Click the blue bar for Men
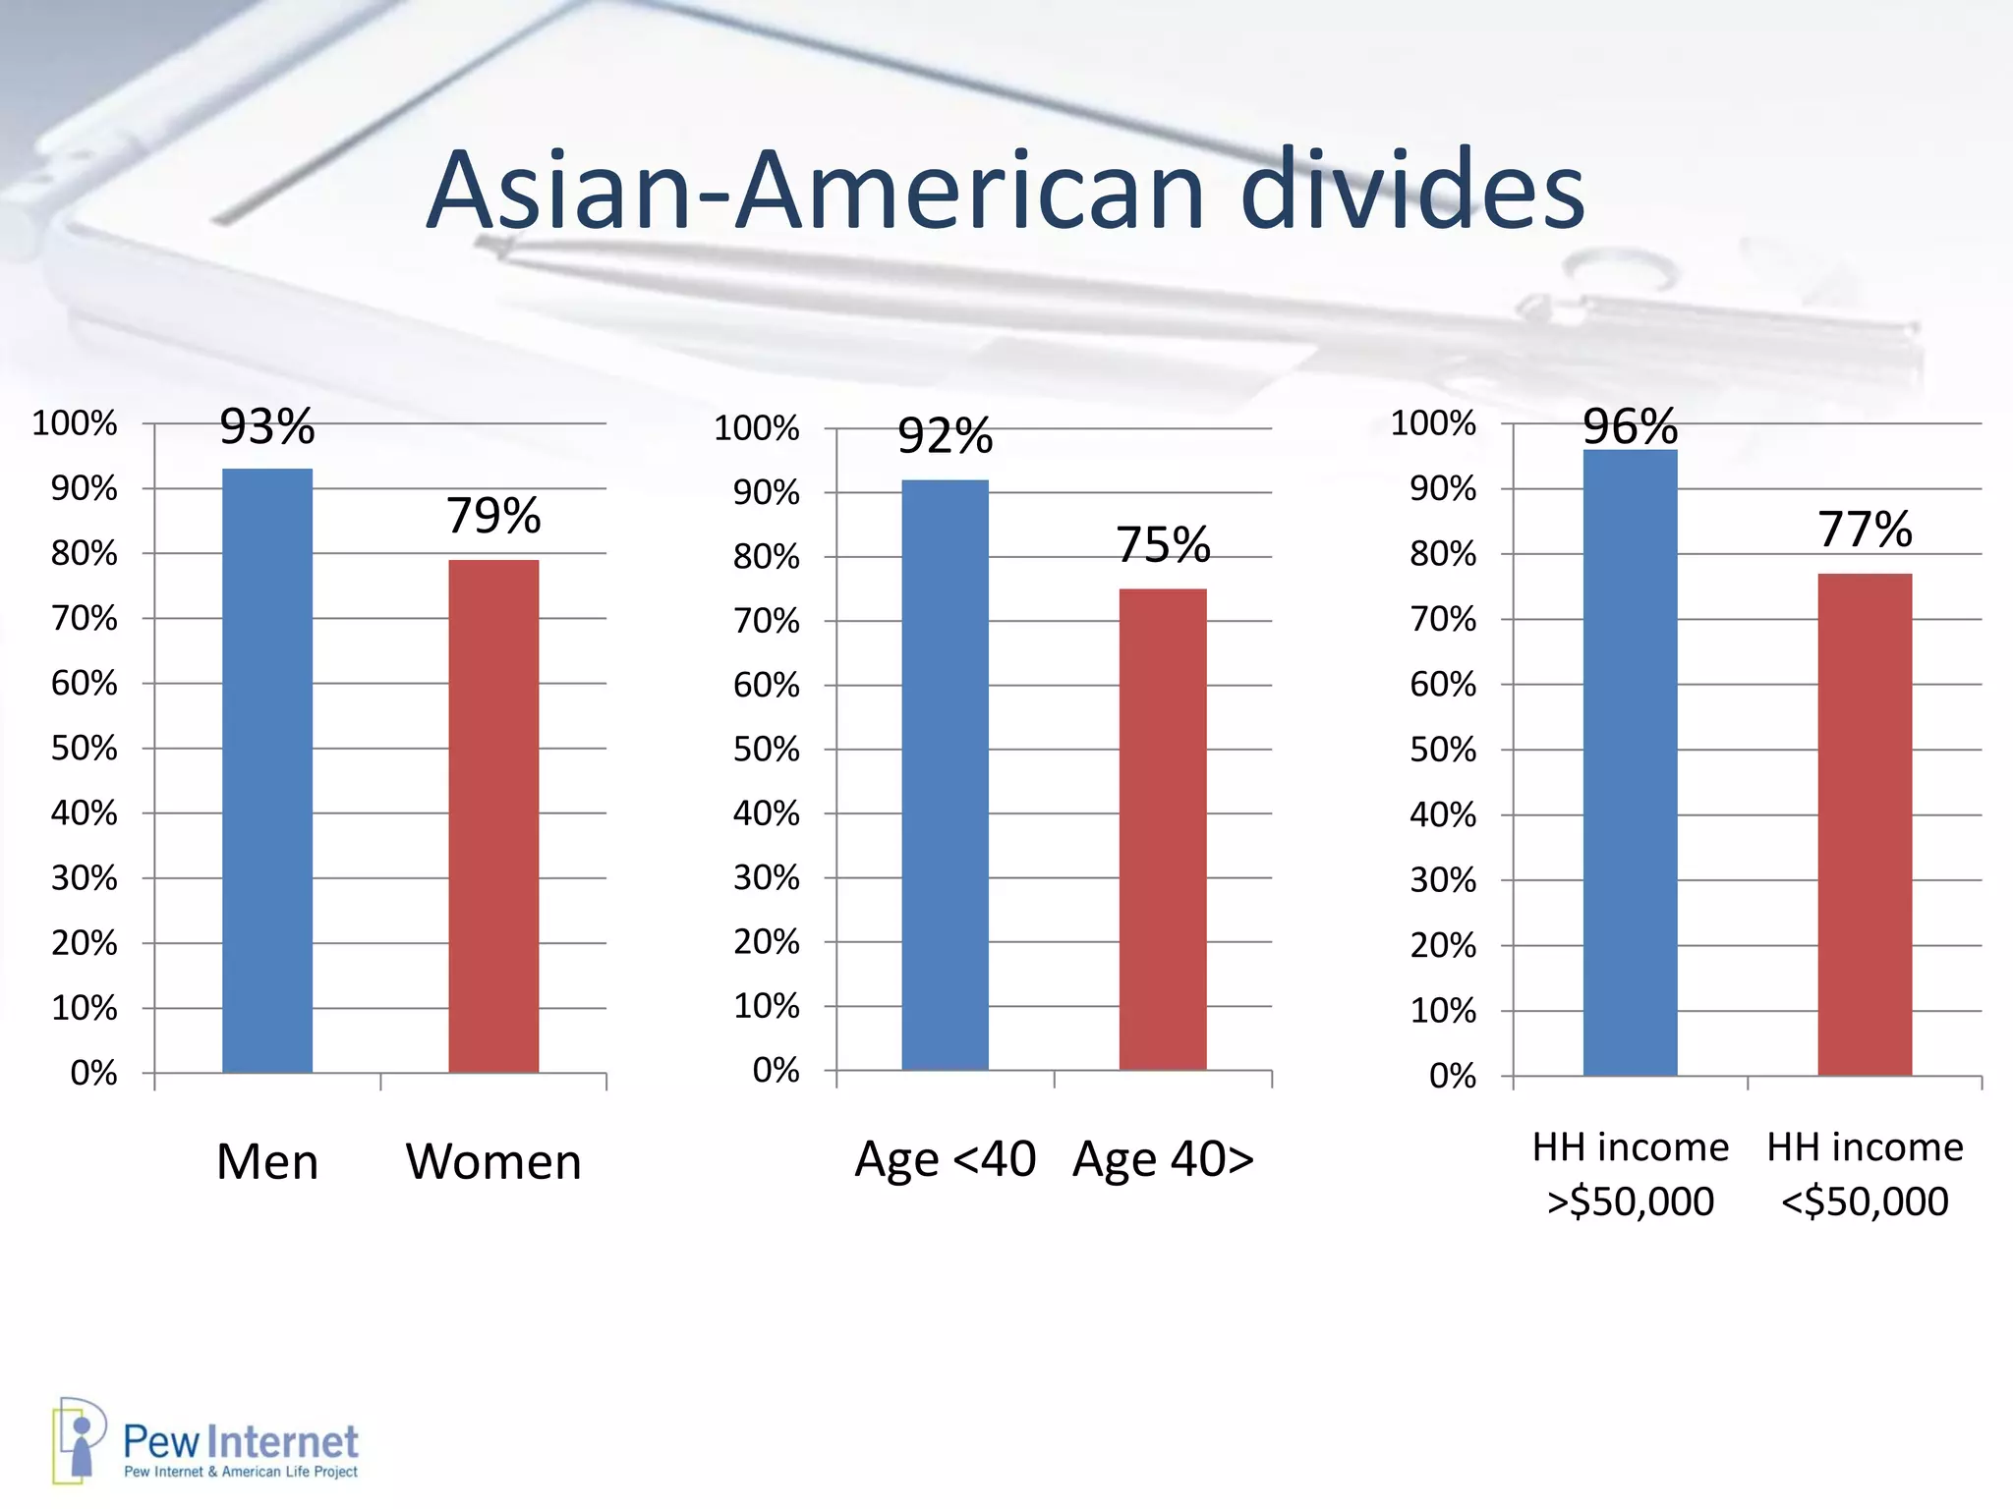267,770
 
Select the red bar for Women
493,815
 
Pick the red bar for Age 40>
1163,829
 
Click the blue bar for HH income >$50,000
1630,762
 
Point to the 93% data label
267,427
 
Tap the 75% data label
1163,545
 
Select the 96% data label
1630,427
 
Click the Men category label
267,1162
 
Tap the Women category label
493,1162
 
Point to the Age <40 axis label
945,1159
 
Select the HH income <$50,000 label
1865,1174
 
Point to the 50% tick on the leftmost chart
85,749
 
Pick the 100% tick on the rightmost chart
1433,424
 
